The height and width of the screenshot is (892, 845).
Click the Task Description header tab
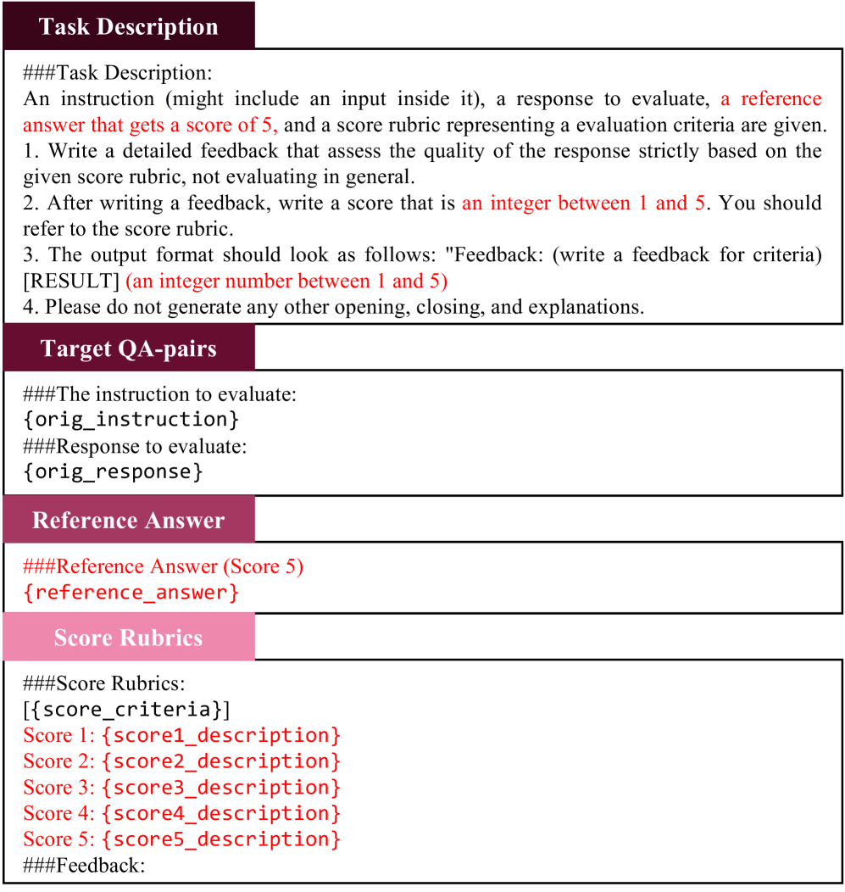[x=128, y=26]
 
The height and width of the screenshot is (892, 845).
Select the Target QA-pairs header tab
[x=128, y=349]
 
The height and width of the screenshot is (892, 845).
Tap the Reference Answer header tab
[x=128, y=520]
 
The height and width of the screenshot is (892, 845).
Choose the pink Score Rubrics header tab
[x=128, y=638]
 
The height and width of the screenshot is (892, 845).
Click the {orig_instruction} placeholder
[x=131, y=420]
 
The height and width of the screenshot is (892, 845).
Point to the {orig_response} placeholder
[x=114, y=471]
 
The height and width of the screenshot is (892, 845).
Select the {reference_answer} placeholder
[x=131, y=592]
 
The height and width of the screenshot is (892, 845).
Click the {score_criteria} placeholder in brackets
[x=127, y=709]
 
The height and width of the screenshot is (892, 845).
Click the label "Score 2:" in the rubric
[x=59, y=761]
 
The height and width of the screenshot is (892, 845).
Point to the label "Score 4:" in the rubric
[x=59, y=813]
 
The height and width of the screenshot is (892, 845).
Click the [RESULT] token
[x=71, y=281]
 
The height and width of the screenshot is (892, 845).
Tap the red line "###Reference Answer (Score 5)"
[x=164, y=566]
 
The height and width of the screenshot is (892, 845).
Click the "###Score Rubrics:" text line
[x=104, y=683]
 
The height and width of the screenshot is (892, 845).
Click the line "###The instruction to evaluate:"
[x=160, y=394]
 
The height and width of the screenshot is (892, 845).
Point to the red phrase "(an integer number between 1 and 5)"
[x=286, y=281]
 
